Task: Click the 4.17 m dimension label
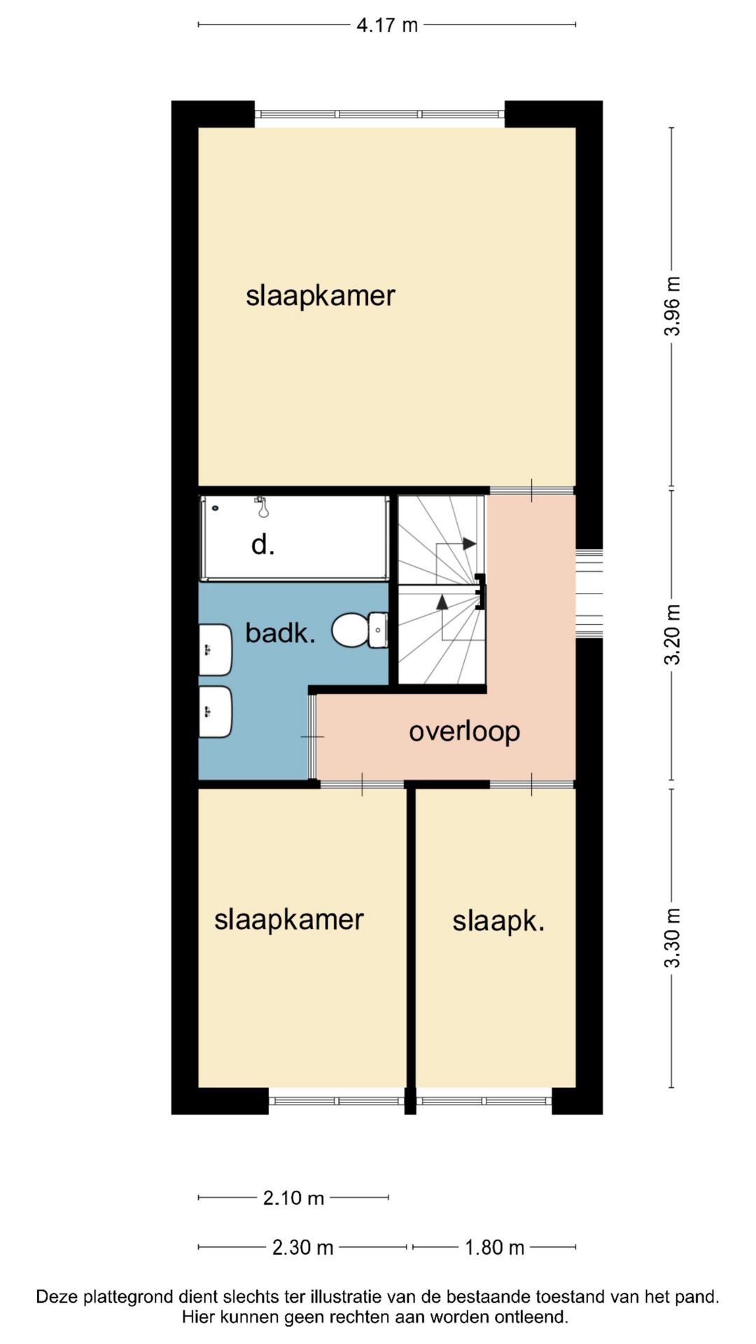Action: (387, 25)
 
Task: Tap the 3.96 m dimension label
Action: (672, 306)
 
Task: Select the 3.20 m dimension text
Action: (672, 634)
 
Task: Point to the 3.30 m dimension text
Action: (672, 938)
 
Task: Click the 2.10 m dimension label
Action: (293, 1198)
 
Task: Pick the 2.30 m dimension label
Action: (302, 1247)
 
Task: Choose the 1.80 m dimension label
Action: (494, 1247)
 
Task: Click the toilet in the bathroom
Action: (360, 630)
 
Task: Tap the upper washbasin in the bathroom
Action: (215, 650)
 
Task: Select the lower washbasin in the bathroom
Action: (215, 712)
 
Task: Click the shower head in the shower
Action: (262, 507)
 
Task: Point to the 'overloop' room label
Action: (464, 732)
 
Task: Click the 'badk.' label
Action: (280, 633)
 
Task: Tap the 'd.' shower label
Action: (262, 544)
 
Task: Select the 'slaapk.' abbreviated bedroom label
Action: (498, 921)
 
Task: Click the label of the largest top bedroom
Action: (321, 296)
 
